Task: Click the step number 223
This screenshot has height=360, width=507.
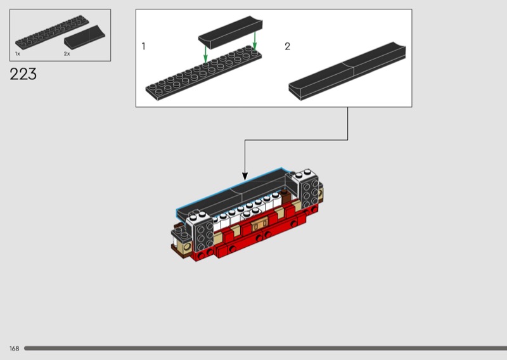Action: pyautogui.click(x=23, y=74)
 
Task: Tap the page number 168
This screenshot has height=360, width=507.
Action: pyautogui.click(x=14, y=349)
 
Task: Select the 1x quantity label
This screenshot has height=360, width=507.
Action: pyautogui.click(x=18, y=54)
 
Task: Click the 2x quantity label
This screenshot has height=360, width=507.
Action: pyautogui.click(x=67, y=54)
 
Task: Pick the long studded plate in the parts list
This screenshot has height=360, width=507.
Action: pyautogui.click(x=52, y=32)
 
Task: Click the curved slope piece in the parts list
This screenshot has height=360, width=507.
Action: pyautogui.click(x=84, y=37)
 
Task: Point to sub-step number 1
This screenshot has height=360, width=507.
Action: pyautogui.click(x=143, y=46)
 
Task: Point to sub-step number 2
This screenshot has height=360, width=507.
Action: pyautogui.click(x=288, y=46)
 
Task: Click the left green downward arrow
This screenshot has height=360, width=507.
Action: pyautogui.click(x=205, y=54)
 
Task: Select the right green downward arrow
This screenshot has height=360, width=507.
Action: pyautogui.click(x=255, y=41)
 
